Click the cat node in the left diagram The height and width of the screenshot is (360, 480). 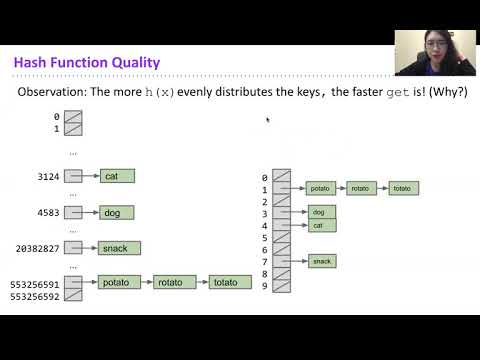tap(116, 177)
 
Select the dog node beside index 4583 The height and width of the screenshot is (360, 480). tap(116, 213)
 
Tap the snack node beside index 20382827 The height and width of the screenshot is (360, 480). tap(120, 248)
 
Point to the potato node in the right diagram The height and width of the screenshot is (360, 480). tap(321, 188)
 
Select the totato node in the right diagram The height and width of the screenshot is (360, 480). tap(402, 188)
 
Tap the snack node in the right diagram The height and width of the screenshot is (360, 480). tap(321, 261)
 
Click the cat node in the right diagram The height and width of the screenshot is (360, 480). tap(321, 225)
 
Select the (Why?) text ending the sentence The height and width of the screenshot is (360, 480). tap(446, 92)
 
